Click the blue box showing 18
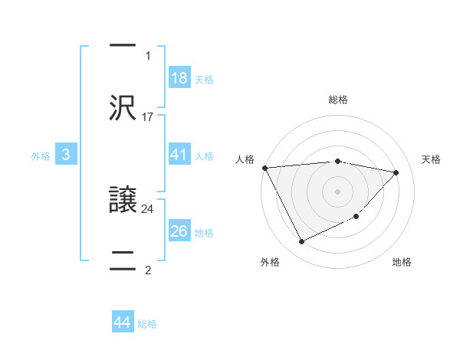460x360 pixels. click(x=179, y=77)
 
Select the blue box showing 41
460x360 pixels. click(x=179, y=155)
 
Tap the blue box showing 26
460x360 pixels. click(x=179, y=231)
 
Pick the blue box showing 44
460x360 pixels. click(x=123, y=322)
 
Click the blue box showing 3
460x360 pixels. click(x=66, y=155)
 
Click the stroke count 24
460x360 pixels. click(x=148, y=208)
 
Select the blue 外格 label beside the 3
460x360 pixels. click(x=41, y=155)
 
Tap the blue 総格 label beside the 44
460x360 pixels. click(x=147, y=323)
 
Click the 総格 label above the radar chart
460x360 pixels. click(x=338, y=100)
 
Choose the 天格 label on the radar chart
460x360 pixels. click(x=431, y=159)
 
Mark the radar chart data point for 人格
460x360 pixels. click(x=264, y=168)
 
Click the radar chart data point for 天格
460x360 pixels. click(x=396, y=172)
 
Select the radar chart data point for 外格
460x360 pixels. click(x=301, y=242)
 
